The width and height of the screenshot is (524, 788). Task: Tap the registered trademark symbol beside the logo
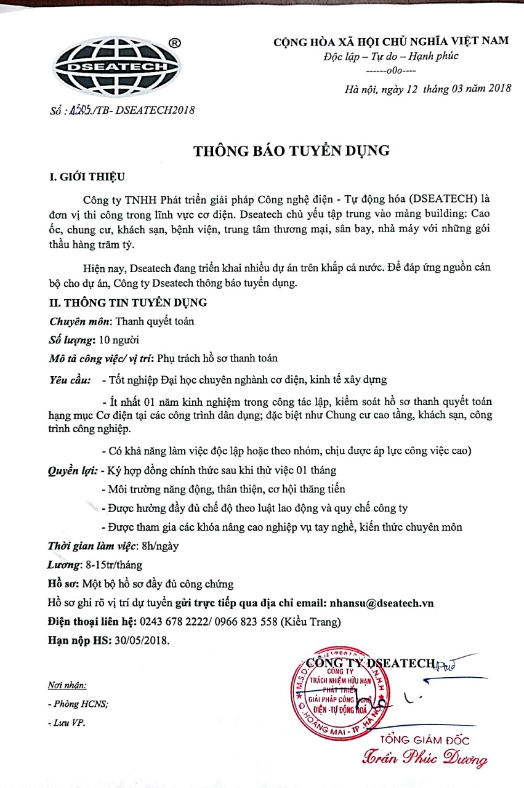[175, 43]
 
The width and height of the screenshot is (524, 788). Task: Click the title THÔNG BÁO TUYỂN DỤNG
[292, 151]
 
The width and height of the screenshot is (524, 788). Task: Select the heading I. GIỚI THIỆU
[87, 177]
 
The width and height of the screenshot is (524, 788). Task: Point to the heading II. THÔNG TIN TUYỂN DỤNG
[128, 302]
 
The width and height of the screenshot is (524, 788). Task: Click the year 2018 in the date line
[499, 88]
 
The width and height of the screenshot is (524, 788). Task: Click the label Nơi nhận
[67, 685]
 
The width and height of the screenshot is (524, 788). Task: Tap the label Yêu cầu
[70, 379]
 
